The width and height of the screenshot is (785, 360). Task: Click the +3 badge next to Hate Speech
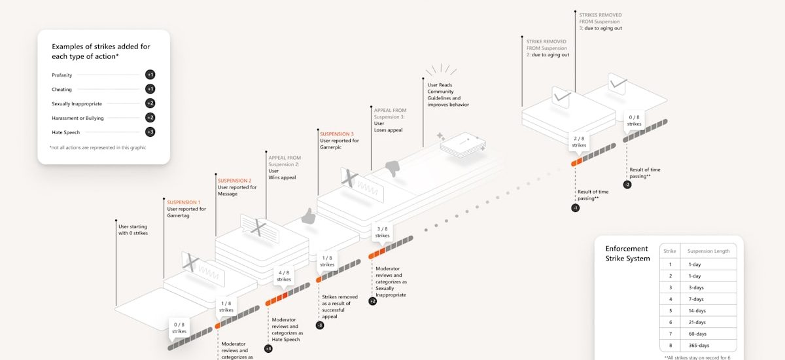(x=150, y=132)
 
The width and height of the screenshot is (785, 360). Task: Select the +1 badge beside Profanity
(x=150, y=75)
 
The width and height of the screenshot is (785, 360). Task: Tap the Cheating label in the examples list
(x=62, y=89)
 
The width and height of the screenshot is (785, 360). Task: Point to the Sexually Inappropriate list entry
(x=77, y=103)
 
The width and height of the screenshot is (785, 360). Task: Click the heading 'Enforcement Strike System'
(x=627, y=253)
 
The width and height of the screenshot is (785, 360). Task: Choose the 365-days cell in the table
(x=699, y=345)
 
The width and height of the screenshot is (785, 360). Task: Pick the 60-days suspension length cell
(x=698, y=334)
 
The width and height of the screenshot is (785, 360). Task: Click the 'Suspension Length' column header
(x=708, y=251)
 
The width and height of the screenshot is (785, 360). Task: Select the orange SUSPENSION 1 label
(x=184, y=202)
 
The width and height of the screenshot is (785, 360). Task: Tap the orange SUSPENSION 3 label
(x=337, y=134)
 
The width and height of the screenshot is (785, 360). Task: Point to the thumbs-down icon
(x=391, y=168)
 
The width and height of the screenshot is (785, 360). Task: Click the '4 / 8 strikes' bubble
(x=284, y=276)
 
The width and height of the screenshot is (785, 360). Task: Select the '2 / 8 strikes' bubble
(x=579, y=142)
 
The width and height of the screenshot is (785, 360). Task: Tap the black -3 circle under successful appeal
(x=320, y=325)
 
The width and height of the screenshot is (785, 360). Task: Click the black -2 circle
(x=627, y=185)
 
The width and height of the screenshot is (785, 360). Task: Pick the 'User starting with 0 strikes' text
(x=133, y=230)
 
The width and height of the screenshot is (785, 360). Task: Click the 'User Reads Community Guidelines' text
(x=448, y=91)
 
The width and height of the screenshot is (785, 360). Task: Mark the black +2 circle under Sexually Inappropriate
(x=372, y=301)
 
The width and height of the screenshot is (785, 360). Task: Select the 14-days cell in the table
(x=698, y=310)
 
